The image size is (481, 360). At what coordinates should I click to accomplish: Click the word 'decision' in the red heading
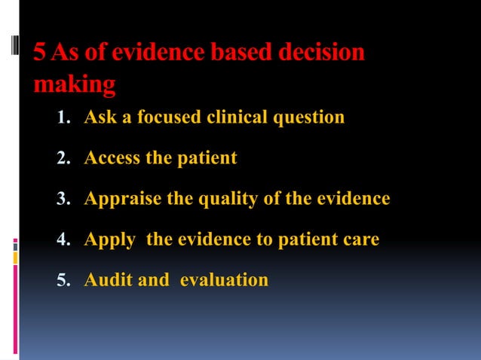coord(321,53)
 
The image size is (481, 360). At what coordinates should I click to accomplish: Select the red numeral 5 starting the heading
coord(40,53)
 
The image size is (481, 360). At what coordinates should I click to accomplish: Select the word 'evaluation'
coord(224,280)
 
